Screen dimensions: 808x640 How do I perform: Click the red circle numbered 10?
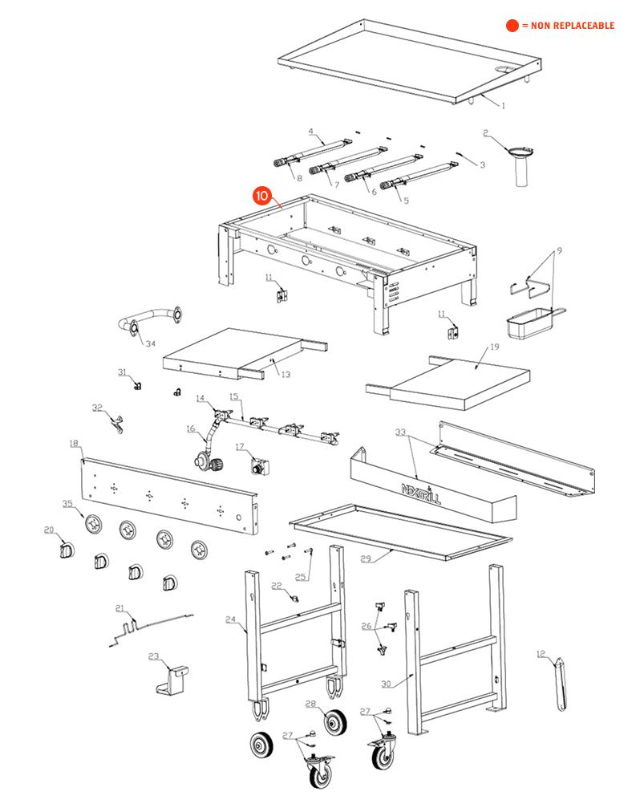coord(262,196)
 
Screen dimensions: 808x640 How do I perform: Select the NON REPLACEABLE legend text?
coord(568,26)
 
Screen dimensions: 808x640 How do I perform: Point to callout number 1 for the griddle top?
coord(504,105)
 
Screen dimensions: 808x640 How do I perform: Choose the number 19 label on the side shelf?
coord(494,347)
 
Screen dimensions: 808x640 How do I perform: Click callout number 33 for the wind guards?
coord(401,432)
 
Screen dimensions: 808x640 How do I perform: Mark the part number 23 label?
coord(154,656)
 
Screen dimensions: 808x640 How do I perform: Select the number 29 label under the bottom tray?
coord(367,558)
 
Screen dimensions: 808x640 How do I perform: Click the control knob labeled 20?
coord(64,551)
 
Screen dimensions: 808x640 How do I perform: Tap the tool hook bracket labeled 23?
coord(175,678)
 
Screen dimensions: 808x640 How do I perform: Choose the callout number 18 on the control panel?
coord(74,443)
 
